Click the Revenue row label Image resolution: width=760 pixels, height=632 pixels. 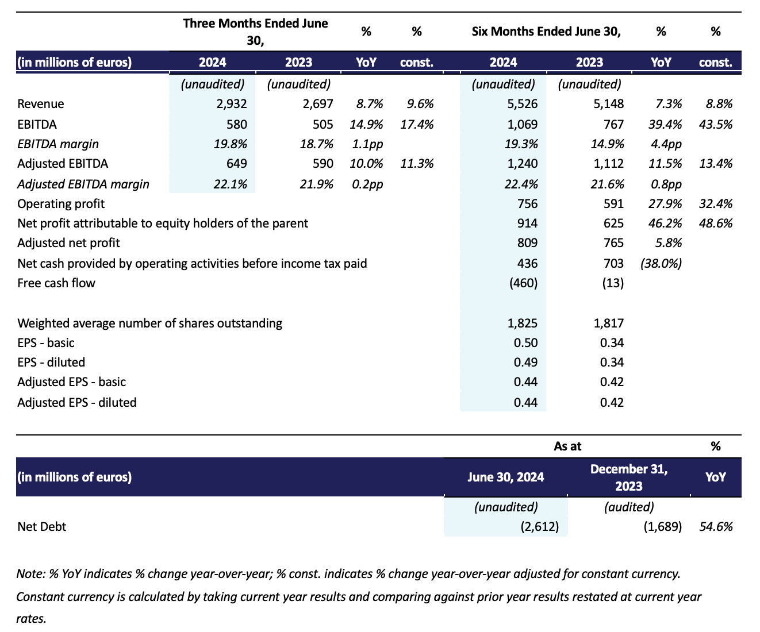(x=41, y=104)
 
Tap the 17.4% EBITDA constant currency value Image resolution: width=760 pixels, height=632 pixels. (x=417, y=124)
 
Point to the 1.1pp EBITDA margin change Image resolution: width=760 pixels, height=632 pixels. (x=367, y=144)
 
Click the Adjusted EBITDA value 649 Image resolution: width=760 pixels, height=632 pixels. (x=236, y=164)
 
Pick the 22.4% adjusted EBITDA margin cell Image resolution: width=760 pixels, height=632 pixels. (x=521, y=184)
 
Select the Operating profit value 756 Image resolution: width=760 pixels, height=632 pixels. (x=527, y=203)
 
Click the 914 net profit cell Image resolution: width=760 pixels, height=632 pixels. (x=527, y=223)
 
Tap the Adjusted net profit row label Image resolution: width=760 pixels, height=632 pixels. (x=69, y=243)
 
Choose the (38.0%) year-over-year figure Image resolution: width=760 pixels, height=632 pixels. (x=661, y=263)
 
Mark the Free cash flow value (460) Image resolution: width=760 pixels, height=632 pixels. (x=522, y=283)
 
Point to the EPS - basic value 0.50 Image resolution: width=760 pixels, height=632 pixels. (x=525, y=343)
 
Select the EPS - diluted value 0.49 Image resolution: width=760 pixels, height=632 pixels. (x=525, y=363)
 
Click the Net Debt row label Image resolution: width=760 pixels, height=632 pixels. (x=42, y=526)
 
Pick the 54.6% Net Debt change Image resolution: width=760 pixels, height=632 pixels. (x=716, y=526)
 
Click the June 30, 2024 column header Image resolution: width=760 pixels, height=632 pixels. (x=506, y=477)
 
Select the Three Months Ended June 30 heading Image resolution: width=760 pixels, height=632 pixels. (x=255, y=32)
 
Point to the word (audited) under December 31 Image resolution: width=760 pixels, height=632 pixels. (x=629, y=507)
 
